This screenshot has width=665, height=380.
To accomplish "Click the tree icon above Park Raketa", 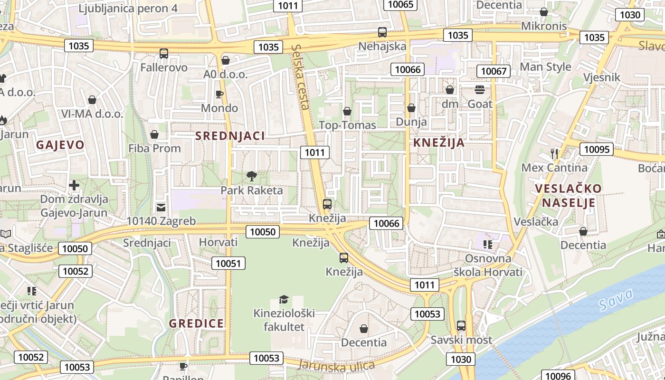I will (251, 176).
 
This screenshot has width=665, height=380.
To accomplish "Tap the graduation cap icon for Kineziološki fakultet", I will (284, 299).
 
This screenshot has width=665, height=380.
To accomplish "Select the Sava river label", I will (616, 300).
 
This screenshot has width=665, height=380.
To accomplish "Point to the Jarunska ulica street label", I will (336, 365).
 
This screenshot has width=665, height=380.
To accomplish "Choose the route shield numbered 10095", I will (596, 150).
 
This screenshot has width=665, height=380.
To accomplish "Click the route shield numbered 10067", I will (494, 71).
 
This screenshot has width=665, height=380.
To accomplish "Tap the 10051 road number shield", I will (228, 264).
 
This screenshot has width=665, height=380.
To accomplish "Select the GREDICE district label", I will (196, 323).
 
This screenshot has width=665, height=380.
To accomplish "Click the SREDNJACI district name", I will (230, 136).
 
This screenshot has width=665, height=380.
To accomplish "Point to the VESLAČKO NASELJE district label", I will (568, 196).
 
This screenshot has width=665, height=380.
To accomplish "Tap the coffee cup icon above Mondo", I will (219, 94).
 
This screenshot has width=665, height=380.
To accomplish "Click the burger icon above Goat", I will (480, 90).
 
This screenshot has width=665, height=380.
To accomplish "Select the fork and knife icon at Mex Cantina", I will (554, 153).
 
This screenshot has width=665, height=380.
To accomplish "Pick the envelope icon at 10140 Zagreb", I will (161, 207).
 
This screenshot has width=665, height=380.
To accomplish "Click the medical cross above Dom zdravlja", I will (74, 185).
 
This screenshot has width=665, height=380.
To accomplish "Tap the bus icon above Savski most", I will (461, 326).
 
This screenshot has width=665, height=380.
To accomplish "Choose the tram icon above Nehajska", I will (382, 32).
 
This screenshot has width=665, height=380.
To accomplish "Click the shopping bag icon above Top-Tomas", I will (347, 111).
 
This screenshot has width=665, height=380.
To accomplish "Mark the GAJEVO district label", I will (60, 145).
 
